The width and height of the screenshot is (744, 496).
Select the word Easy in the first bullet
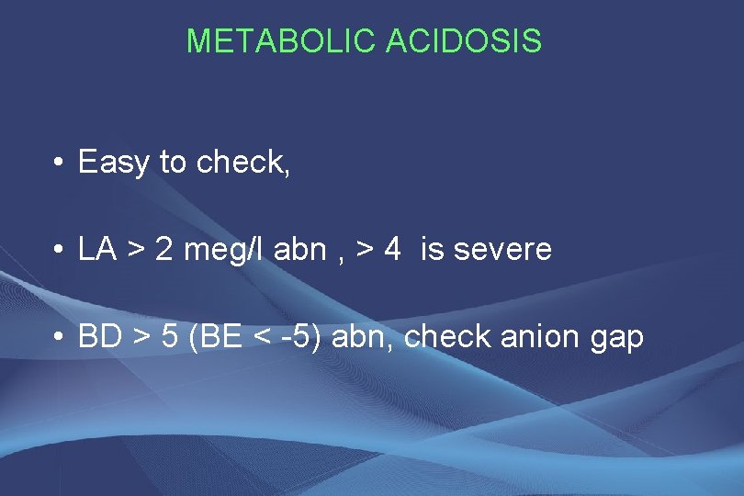click(114, 163)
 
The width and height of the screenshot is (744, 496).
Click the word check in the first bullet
click(242, 163)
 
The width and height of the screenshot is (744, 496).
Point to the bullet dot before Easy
click(57, 164)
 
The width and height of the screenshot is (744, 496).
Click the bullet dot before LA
click(57, 251)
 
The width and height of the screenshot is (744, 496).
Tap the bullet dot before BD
click(57, 338)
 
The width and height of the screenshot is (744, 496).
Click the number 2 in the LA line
click(164, 249)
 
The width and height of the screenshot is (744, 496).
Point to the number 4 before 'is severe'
click(392, 249)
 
